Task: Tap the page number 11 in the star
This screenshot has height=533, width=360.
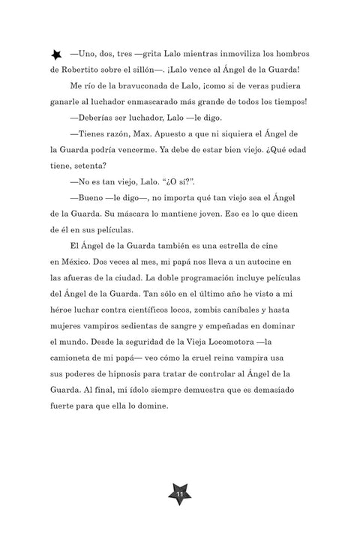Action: click(180, 496)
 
